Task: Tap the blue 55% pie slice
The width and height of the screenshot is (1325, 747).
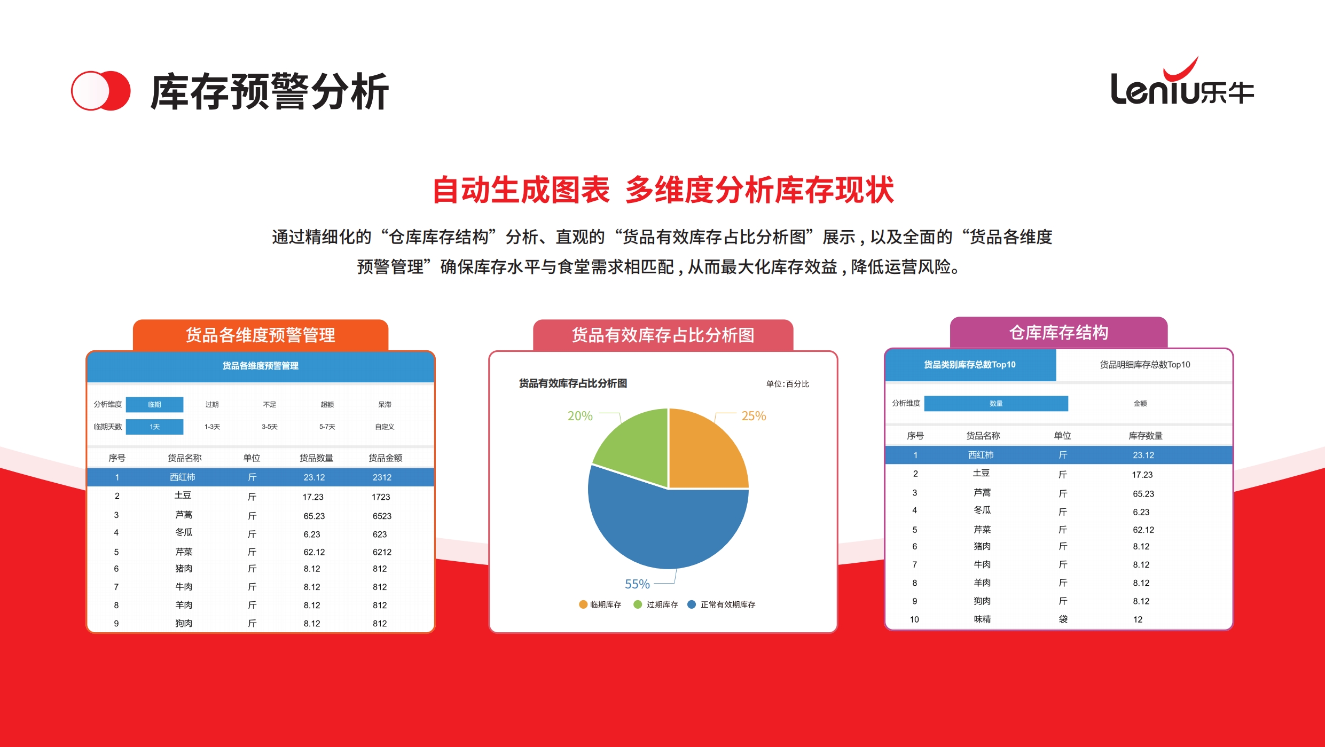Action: coord(668,529)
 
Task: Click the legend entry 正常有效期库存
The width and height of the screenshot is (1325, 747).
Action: coord(722,604)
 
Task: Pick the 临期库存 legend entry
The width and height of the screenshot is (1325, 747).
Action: coord(600,604)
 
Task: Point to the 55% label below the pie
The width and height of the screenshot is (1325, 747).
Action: coord(637,584)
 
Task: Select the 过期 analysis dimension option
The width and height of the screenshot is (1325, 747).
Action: coord(212,405)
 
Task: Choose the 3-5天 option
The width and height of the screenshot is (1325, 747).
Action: coord(270,427)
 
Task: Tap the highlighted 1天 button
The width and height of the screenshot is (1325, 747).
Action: coord(155,427)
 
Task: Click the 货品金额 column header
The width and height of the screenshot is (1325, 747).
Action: coord(386,458)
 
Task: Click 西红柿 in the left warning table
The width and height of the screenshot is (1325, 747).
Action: coord(183,477)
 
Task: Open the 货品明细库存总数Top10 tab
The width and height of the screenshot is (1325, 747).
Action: coord(1145,365)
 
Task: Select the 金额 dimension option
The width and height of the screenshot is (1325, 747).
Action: coord(1140,404)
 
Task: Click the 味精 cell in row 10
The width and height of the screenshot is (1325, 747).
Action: coord(982,619)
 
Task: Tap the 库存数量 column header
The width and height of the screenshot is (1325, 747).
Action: coord(1146,436)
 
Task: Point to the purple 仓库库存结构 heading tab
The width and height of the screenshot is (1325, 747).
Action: coord(1059,333)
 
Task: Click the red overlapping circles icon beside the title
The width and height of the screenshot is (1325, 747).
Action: coord(101,91)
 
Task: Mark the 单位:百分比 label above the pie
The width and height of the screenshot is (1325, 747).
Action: coord(788,384)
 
